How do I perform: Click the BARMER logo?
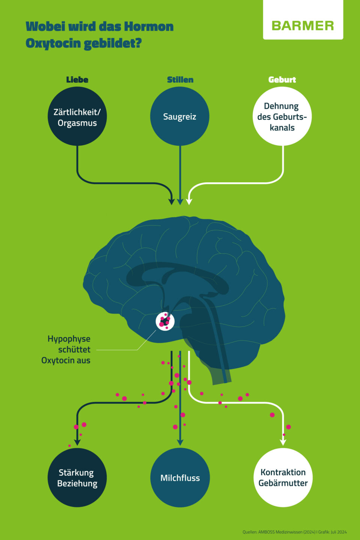(303, 25)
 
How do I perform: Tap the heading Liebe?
(77, 79)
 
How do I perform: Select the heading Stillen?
(180, 79)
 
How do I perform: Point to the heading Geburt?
(282, 79)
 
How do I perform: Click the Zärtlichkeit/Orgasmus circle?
(77, 116)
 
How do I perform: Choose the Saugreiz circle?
(180, 116)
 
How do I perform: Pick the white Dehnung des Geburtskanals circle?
(282, 116)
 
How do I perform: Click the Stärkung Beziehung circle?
(77, 478)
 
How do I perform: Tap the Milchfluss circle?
(180, 478)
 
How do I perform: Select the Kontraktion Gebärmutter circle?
(283, 478)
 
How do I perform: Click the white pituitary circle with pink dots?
(165, 321)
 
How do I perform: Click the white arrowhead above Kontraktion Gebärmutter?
(283, 442)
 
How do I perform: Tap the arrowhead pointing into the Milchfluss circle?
(180, 442)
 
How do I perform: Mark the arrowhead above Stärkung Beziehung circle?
(77, 442)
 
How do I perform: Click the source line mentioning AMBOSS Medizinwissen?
(294, 532)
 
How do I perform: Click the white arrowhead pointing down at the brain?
(189, 201)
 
